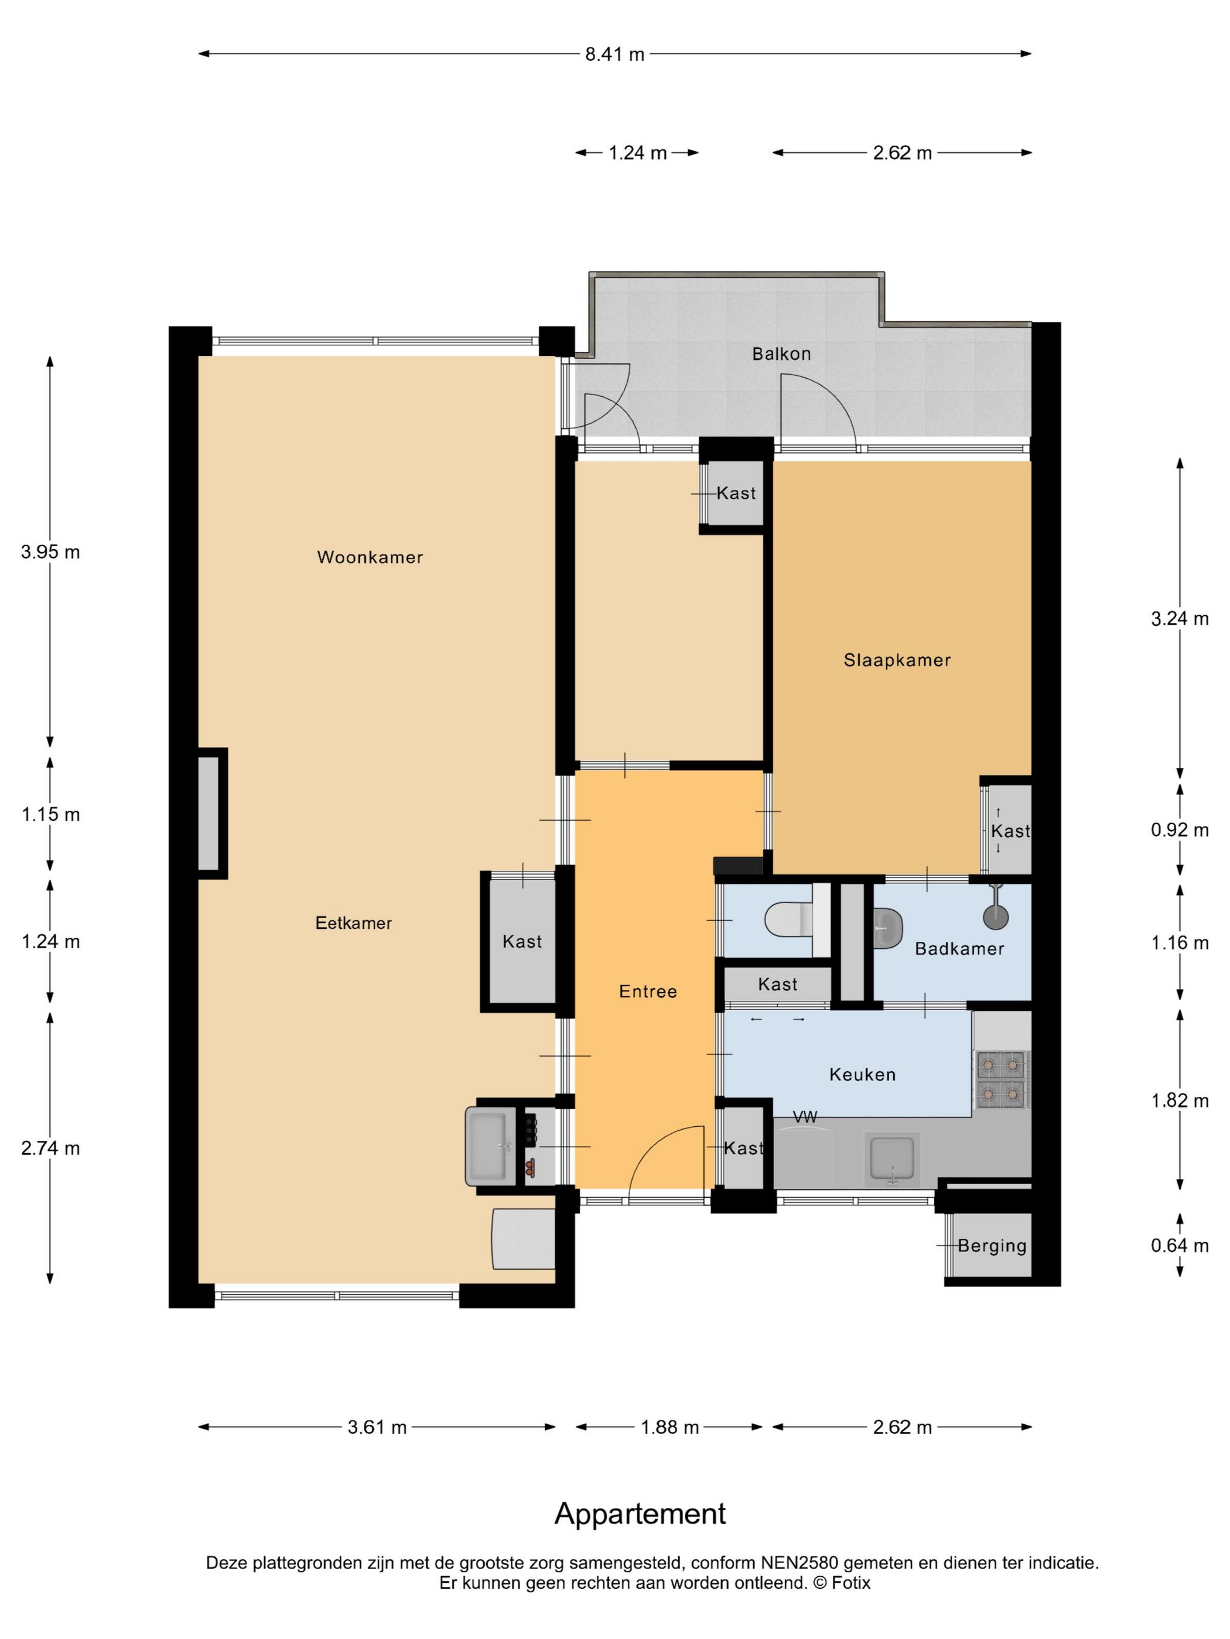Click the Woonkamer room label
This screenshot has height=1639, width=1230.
(x=370, y=557)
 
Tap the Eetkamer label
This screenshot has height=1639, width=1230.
(x=354, y=923)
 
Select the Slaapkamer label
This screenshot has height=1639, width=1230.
(x=897, y=660)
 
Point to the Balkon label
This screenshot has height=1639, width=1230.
(x=781, y=354)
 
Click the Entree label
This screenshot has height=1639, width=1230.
(x=648, y=992)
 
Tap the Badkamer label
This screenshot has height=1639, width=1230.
(x=959, y=948)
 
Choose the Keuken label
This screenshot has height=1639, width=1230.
(x=862, y=1074)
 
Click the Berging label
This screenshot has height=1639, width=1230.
(x=992, y=1246)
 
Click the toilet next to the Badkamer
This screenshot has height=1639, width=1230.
(x=790, y=920)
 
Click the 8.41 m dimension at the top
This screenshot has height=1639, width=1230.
(x=614, y=54)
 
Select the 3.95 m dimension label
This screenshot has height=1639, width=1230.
(x=50, y=552)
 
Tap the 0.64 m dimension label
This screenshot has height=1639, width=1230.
(x=1180, y=1246)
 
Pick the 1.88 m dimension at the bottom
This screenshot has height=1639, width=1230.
(x=669, y=1427)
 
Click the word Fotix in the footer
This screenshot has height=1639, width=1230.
(x=851, y=1583)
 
